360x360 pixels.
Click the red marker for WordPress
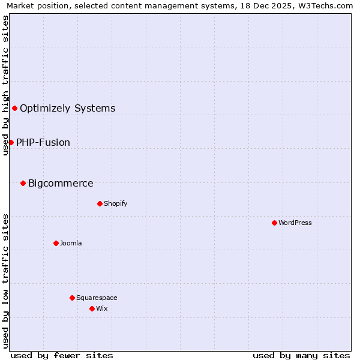click(x=274, y=223)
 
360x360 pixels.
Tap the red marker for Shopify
click(x=100, y=203)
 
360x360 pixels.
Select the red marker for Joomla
click(x=56, y=243)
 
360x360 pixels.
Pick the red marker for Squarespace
click(x=72, y=298)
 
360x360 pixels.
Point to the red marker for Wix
click(x=92, y=308)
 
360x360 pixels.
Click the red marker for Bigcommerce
click(x=23, y=183)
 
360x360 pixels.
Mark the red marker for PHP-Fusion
click(x=11, y=142)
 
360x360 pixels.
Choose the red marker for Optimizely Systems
click(x=14, y=108)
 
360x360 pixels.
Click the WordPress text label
click(x=295, y=223)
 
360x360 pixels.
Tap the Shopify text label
click(x=116, y=203)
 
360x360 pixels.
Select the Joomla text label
click(x=71, y=243)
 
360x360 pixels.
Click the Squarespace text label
click(x=97, y=298)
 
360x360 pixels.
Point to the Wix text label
click(x=101, y=308)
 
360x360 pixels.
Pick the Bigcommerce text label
click(x=61, y=183)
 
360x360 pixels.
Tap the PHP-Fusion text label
click(x=43, y=142)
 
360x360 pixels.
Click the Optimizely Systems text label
click(x=68, y=108)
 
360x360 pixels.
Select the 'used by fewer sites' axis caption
click(x=62, y=355)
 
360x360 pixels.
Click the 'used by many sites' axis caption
click(x=301, y=355)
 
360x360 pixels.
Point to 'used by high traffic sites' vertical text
click(x=5, y=85)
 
